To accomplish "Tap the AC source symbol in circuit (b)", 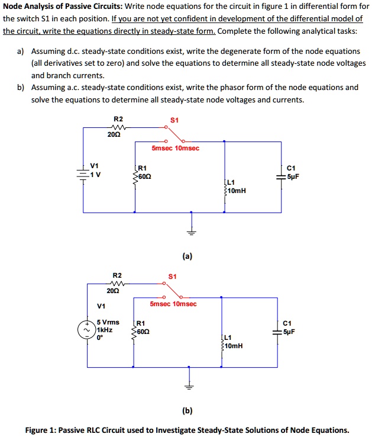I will [x=87, y=329].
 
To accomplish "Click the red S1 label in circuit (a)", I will [x=173, y=120].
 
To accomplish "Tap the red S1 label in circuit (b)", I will [x=172, y=277].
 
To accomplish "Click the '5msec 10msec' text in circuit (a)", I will [x=175, y=147].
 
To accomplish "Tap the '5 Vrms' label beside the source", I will [x=108, y=322].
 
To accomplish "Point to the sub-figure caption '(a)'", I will [x=187, y=256].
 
